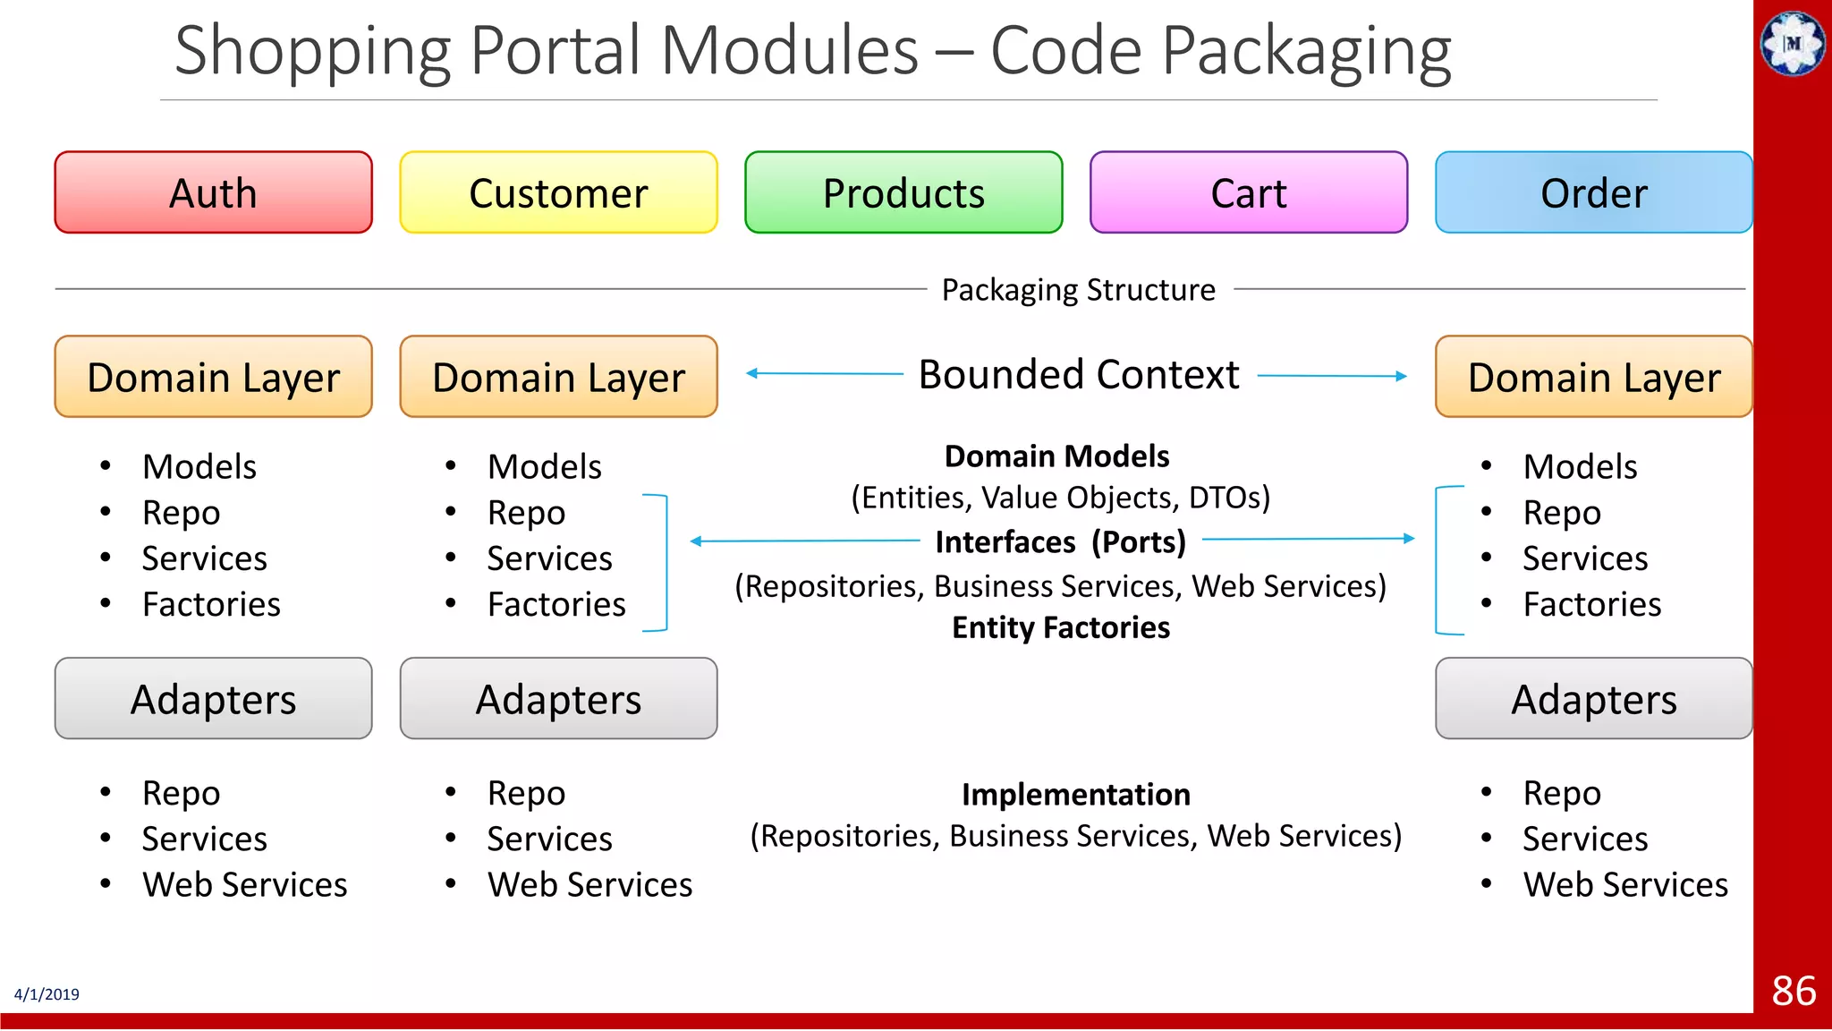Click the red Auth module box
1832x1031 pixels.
[x=213, y=192]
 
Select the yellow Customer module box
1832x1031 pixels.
[x=558, y=192]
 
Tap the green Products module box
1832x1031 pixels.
[x=903, y=192]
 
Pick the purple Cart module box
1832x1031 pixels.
[x=1249, y=192]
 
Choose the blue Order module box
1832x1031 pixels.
[x=1593, y=192]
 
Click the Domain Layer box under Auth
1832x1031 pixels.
[x=213, y=377]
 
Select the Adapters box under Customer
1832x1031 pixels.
[x=558, y=699]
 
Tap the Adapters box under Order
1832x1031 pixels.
[x=1593, y=699]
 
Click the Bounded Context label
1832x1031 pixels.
[x=1079, y=375]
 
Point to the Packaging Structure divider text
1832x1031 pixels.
[x=1079, y=290]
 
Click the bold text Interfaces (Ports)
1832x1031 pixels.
[x=1060, y=541]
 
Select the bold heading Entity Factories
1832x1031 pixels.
[x=1060, y=627]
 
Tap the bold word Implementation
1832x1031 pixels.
[x=1075, y=794]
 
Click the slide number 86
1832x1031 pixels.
[x=1794, y=991]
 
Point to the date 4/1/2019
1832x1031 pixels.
[x=47, y=994]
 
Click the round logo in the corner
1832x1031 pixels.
[x=1793, y=42]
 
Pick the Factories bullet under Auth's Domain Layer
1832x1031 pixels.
[x=211, y=604]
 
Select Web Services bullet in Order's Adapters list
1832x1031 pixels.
[x=1624, y=884]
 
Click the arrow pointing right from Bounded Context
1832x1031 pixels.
[x=1333, y=377]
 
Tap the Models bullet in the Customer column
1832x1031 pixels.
[x=544, y=466]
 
